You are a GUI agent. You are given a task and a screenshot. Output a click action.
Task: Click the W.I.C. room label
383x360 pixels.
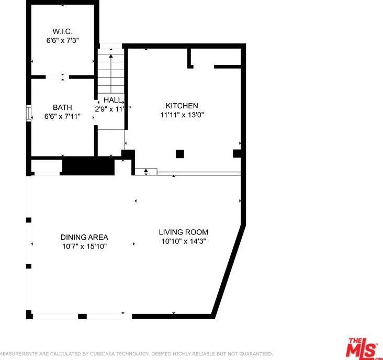coord(62,31)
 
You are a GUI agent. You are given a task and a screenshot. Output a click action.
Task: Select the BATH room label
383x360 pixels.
coord(62,107)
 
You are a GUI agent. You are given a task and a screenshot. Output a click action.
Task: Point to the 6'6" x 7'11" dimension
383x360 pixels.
coord(62,116)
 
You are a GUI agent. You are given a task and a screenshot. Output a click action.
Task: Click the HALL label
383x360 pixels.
coord(113,100)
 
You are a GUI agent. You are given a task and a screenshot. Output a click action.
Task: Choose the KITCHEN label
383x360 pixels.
coord(182,106)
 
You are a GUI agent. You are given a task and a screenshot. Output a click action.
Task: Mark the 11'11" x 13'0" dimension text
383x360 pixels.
coord(182,115)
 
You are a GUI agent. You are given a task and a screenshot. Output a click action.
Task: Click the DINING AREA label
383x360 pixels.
coord(84,237)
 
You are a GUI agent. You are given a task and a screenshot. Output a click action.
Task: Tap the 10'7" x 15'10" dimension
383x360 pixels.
coord(84,246)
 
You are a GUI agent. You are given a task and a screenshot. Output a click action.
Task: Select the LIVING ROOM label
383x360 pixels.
coord(184,232)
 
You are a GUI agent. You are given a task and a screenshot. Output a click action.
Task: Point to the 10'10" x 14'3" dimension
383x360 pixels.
coord(184,241)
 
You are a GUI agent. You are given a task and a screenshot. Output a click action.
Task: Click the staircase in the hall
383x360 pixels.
coord(111,73)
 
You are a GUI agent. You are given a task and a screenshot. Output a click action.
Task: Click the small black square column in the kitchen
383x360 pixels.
coord(180,154)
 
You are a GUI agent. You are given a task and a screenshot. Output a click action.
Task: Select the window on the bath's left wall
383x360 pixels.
coord(29,114)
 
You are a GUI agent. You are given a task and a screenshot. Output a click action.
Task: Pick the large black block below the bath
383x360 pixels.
coord(88,166)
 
